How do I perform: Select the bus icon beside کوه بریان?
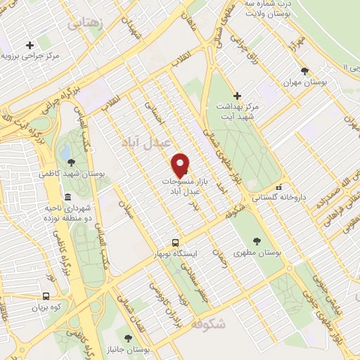(46, 297)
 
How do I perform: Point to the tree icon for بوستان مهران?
(304, 71)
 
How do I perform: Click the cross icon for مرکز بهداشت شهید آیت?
(237, 95)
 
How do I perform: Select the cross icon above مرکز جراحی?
(29, 44)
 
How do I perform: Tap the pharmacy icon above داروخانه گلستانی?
(279, 188)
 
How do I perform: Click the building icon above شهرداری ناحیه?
(67, 197)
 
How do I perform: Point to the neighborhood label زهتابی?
(84, 23)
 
